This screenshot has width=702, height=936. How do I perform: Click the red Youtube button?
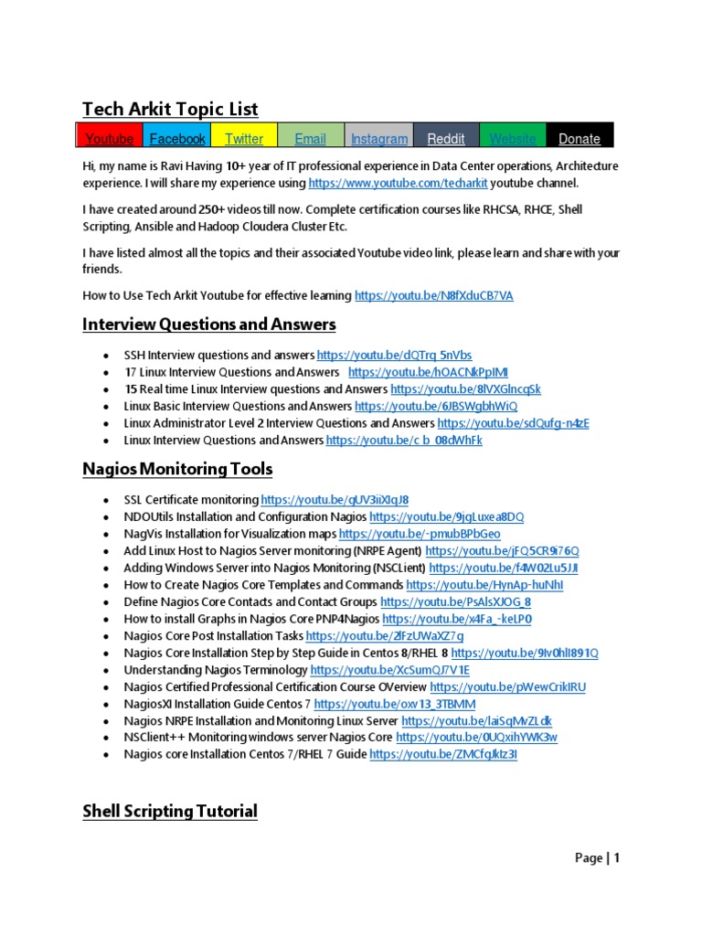point(109,138)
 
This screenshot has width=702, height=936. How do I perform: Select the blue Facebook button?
point(177,138)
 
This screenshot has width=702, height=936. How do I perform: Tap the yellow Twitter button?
point(244,138)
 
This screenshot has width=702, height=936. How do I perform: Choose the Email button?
point(310,138)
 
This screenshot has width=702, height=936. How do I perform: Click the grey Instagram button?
point(379,138)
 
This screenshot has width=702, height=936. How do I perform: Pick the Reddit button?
point(446,138)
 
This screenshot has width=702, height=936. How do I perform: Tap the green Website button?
point(513,138)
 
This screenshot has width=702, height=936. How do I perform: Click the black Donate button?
point(580,138)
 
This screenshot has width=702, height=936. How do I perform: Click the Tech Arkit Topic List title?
point(170,110)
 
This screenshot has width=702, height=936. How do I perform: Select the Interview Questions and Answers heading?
point(208,324)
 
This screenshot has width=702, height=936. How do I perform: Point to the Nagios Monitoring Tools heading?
point(177,470)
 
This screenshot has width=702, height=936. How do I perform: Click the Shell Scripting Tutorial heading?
point(170,811)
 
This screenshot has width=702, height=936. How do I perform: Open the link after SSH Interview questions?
point(394,355)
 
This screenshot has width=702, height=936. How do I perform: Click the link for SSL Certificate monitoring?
point(335,500)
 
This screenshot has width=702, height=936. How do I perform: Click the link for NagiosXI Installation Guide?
point(395,704)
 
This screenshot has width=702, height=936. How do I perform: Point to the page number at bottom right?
point(598,858)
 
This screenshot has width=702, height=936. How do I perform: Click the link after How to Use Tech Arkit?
point(434,295)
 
